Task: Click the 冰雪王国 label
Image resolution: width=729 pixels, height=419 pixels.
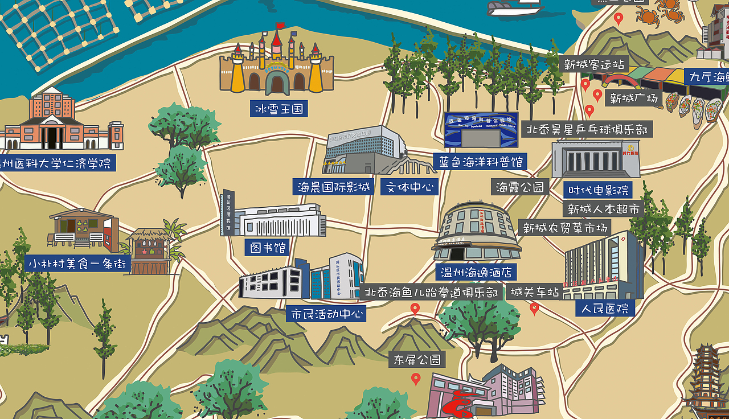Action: tap(279, 108)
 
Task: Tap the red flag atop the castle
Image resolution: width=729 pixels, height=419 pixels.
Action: tap(280, 26)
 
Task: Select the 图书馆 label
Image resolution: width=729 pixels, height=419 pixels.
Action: tap(267, 247)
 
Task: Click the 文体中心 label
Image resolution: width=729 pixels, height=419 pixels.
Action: tap(409, 187)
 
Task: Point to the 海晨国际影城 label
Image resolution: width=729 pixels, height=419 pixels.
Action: tap(334, 187)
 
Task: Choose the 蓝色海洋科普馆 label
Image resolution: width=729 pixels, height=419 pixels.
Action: tap(480, 161)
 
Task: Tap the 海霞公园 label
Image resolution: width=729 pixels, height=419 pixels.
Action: tap(520, 187)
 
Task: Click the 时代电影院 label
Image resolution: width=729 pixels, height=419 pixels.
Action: tap(598, 190)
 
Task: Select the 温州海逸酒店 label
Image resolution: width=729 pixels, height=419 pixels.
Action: tap(476, 272)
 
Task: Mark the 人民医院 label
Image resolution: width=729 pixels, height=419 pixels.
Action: tap(605, 309)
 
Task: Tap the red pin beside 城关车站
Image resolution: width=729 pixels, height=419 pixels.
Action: tap(534, 308)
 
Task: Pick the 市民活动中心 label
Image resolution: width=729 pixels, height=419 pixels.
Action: tap(326, 314)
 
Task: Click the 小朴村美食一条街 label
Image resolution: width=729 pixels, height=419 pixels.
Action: tap(78, 264)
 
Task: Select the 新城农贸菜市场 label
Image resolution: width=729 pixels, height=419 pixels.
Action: tap(566, 228)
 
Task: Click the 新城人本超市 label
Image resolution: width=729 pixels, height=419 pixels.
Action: tap(604, 209)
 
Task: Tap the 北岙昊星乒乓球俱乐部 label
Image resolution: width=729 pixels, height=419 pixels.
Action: tap(587, 129)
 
